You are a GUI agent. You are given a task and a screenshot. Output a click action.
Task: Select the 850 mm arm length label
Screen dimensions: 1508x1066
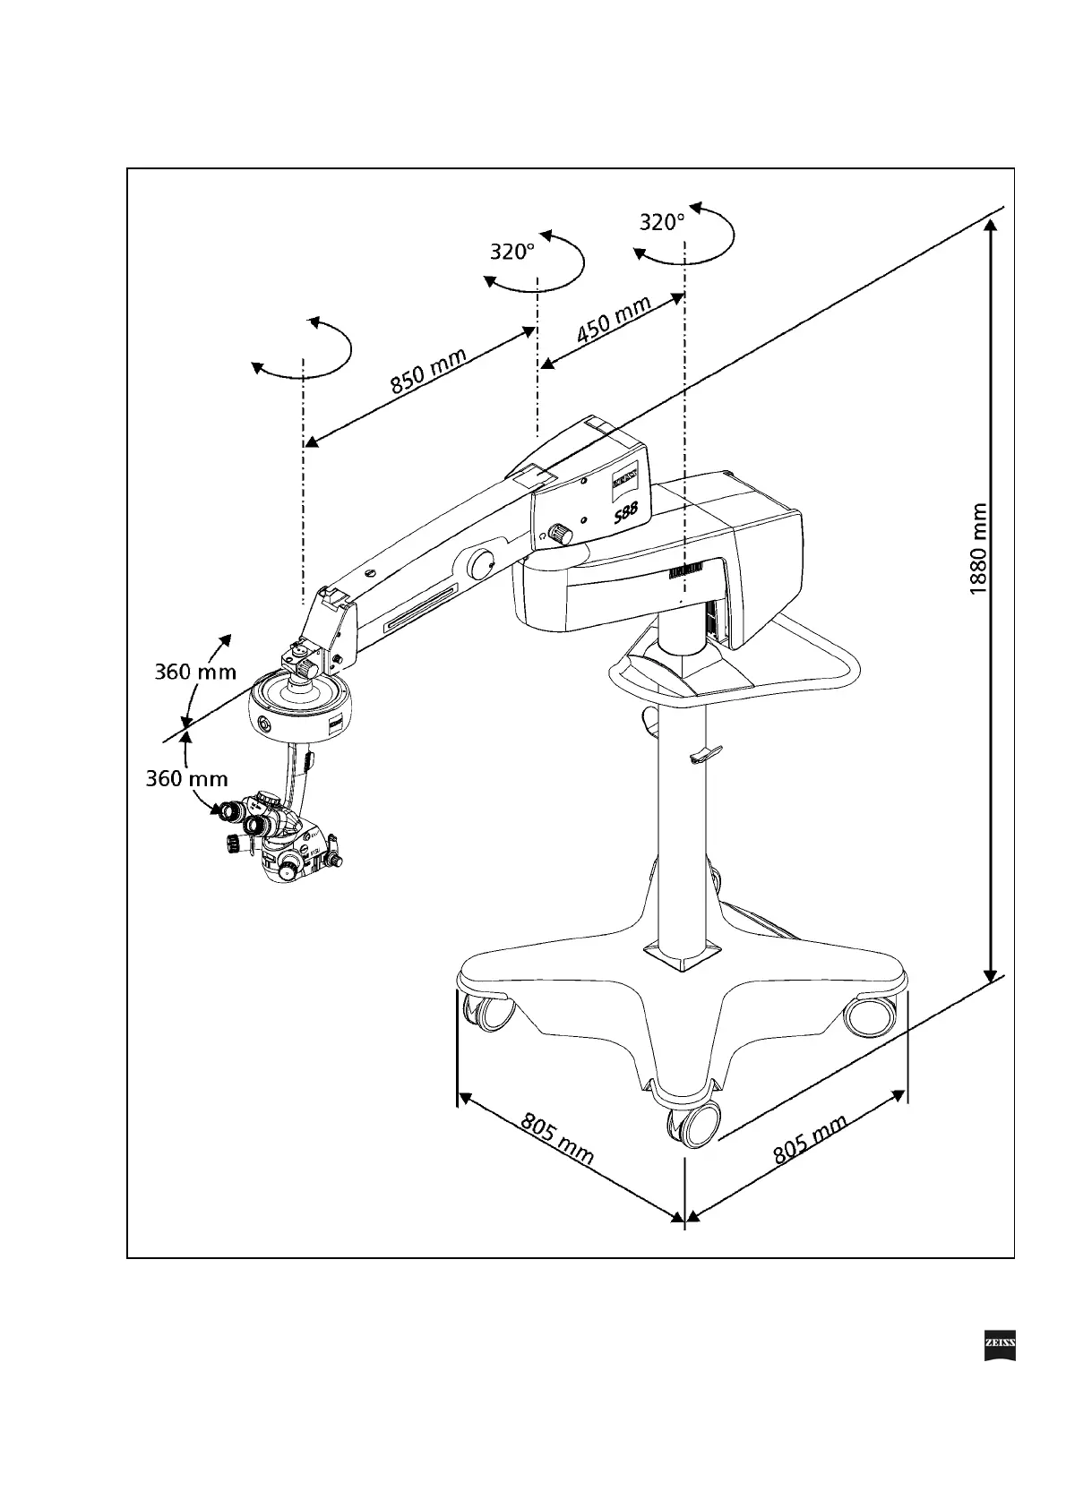click(428, 371)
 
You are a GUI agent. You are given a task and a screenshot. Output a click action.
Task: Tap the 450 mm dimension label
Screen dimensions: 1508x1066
click(614, 320)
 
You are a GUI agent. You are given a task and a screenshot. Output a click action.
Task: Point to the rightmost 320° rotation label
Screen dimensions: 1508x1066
click(662, 222)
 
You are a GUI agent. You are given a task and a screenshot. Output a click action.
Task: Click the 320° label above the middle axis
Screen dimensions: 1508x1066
click(512, 252)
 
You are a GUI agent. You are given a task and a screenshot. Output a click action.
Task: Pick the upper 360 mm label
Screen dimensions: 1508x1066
click(195, 672)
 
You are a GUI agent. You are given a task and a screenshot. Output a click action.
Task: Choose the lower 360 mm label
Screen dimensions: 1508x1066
click(187, 779)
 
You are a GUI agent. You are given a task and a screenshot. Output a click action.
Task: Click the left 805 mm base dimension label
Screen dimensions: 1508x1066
click(556, 1140)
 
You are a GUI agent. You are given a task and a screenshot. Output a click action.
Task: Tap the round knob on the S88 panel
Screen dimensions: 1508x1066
click(561, 533)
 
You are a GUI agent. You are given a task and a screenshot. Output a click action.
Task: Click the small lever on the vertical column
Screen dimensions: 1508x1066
click(705, 755)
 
